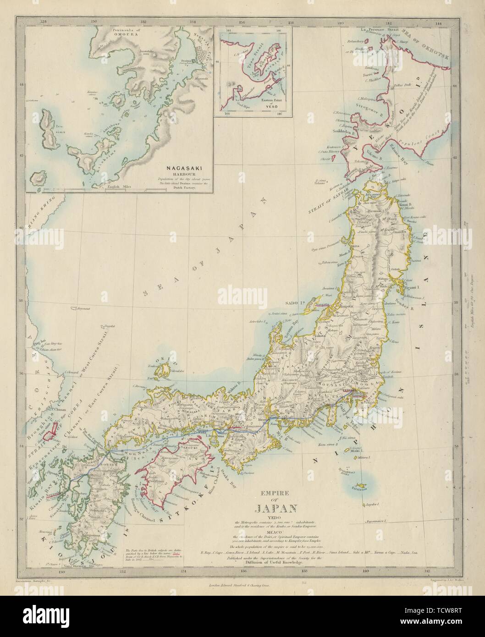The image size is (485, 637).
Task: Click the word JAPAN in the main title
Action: [274, 508]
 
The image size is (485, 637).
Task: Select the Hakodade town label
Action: [362, 167]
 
